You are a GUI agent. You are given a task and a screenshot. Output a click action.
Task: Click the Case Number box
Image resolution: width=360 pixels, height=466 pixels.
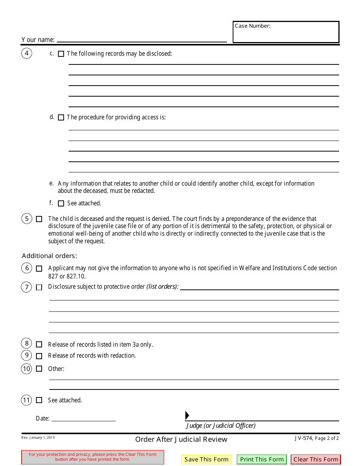pos(286,32)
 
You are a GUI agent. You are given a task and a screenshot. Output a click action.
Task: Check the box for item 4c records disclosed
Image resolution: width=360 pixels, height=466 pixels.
pos(61,54)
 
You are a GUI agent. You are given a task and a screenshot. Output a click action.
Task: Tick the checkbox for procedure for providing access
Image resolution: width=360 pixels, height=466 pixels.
pos(61,118)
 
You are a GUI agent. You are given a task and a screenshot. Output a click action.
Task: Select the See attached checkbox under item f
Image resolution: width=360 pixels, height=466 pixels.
pos(61,203)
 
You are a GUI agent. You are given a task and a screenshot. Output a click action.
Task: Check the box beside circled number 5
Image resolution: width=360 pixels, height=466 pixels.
pos(39,219)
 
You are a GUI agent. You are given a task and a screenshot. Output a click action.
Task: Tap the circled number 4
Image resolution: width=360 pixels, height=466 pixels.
pos(27,53)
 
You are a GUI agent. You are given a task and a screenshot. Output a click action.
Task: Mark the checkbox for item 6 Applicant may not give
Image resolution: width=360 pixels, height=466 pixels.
pos(39,269)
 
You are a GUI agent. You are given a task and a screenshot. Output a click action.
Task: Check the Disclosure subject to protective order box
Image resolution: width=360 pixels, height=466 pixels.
pos(39,287)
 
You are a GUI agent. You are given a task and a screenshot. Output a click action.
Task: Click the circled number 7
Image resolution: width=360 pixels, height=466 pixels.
pos(27,287)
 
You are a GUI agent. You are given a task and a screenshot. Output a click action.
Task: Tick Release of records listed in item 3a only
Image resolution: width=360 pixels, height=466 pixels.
pos(39,344)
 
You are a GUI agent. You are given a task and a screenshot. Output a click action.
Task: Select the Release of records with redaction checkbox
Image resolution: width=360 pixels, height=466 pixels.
pos(39,356)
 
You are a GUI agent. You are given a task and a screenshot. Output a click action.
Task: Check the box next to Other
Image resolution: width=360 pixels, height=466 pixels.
pos(39,369)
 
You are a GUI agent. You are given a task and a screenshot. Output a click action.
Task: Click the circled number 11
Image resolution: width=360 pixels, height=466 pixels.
pos(27,400)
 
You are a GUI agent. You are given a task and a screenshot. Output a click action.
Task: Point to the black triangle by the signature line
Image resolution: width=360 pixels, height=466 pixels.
pos(187,415)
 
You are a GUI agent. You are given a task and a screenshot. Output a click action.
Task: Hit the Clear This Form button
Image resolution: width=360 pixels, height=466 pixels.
pos(316,460)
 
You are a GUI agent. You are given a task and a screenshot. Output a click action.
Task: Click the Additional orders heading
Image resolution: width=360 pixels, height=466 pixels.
pos(49,256)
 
